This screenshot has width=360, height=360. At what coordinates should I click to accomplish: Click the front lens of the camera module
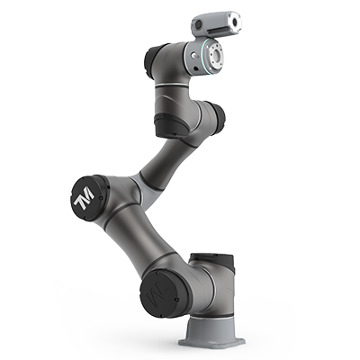point(234,22)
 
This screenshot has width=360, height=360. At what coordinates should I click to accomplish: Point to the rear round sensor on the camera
point(198,25)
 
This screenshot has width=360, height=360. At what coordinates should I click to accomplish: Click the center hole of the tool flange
point(217,56)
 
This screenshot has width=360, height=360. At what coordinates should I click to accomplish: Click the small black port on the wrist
point(196,68)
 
